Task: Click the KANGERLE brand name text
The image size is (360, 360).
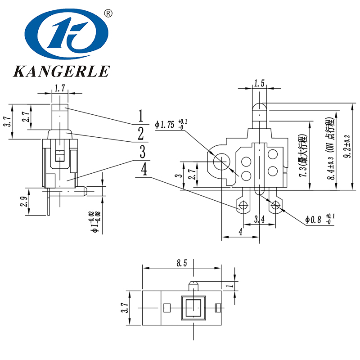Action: [62, 71]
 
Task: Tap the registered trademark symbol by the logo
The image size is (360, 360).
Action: [108, 13]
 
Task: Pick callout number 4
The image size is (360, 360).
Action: [144, 170]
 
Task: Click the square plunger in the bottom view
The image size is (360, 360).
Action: [193, 307]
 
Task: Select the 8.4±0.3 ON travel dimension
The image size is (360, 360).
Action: [332, 148]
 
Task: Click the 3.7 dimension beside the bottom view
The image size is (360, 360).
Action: [126, 307]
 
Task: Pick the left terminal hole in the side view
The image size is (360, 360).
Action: [244, 206]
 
